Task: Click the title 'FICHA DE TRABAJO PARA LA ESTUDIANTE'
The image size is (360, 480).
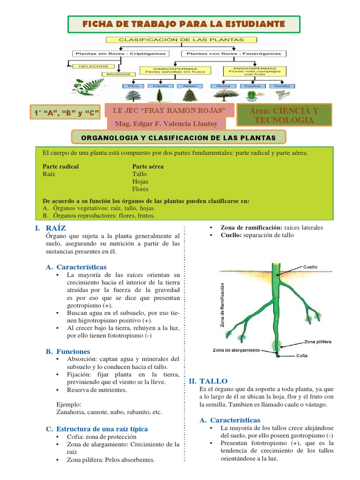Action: click(x=183, y=23)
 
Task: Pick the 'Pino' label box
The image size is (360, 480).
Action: click(x=135, y=86)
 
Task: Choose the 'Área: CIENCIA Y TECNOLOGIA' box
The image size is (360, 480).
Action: click(x=284, y=115)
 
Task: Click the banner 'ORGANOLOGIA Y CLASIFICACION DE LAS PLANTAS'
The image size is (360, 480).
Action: click(x=179, y=138)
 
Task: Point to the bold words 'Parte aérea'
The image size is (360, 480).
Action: click(x=148, y=166)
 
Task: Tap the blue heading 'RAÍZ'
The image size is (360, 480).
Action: click(x=56, y=228)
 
